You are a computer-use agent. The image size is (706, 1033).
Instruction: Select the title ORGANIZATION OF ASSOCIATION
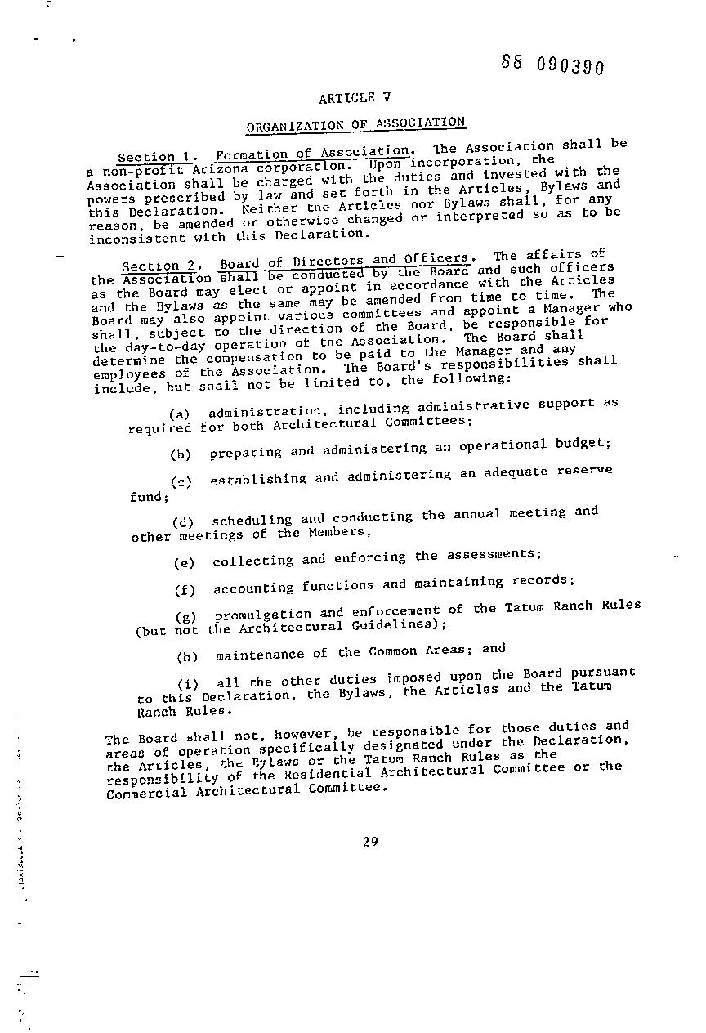coord(355,124)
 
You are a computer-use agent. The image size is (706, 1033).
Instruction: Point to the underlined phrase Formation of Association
coord(313,153)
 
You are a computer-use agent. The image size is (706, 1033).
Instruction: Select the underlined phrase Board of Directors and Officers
coord(343,262)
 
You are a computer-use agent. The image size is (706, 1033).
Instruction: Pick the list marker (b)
coord(181,454)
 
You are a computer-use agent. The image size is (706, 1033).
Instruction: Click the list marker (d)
coord(183,523)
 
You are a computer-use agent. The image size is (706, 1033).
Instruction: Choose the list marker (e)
coord(185,563)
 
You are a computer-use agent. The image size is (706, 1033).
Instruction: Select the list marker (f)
coord(185,590)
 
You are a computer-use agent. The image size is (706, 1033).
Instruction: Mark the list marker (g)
coord(186,616)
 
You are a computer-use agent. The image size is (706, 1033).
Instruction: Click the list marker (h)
coord(188,657)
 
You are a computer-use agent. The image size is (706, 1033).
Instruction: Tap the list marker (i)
coord(189,683)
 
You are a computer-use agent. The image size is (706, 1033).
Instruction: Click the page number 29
coord(369,843)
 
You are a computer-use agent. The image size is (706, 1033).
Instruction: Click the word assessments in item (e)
coord(494,555)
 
